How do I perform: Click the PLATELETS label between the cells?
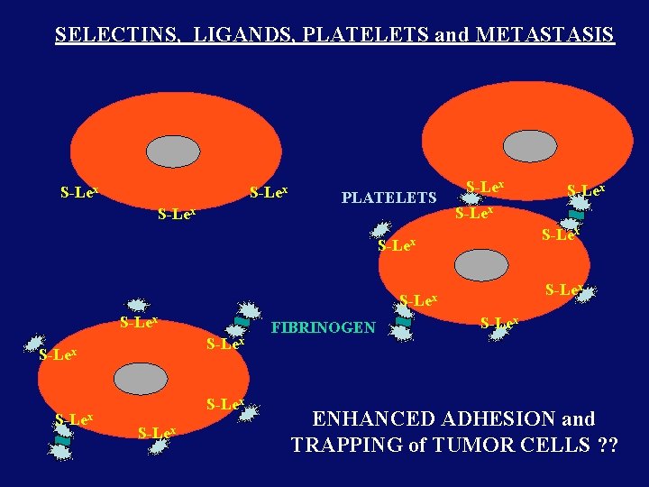[x=388, y=198]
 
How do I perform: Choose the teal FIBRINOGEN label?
[x=324, y=327]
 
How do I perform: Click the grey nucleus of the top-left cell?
[x=173, y=152]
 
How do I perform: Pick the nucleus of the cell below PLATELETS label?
[x=481, y=265]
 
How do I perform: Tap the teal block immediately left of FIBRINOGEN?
[x=242, y=321]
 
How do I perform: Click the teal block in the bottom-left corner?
[x=62, y=440]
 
